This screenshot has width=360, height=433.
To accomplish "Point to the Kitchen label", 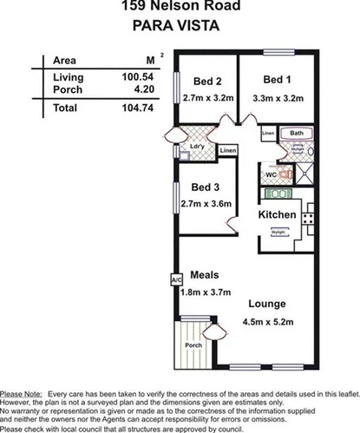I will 278,214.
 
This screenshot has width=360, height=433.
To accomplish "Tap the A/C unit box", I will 175,280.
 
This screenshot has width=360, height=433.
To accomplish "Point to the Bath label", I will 297,133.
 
